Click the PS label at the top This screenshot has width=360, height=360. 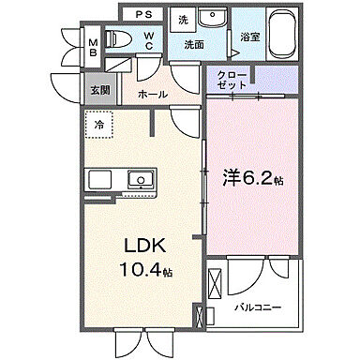click(x=144, y=15)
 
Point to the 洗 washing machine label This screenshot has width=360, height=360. click(x=184, y=18)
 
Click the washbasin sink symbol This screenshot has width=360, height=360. click(x=214, y=19)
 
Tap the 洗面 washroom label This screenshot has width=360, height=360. click(x=194, y=43)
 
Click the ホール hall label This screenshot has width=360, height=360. click(x=153, y=94)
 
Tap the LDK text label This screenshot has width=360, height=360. click(x=146, y=246)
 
